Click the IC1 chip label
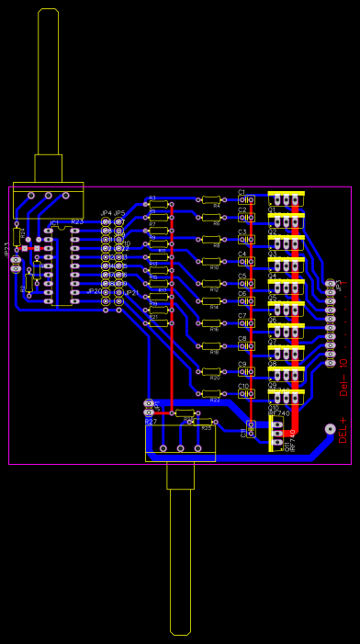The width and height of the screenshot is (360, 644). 54,222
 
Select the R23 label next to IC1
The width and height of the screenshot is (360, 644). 77,221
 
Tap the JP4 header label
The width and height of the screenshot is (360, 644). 106,212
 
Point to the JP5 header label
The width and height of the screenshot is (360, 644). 119,212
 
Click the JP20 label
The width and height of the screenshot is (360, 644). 94,291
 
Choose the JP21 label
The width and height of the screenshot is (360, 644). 132,293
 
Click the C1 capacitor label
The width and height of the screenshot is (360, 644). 242,192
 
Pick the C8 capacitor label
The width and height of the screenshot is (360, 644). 242,338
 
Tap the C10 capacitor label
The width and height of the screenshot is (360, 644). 243,386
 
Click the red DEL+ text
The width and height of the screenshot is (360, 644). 343,429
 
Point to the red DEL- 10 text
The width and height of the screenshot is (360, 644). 343,376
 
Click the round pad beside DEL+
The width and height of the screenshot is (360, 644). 330,428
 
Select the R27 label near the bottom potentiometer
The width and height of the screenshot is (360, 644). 151,421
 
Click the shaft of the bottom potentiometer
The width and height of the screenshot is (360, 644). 181,560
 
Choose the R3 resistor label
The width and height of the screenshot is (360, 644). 152,198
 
